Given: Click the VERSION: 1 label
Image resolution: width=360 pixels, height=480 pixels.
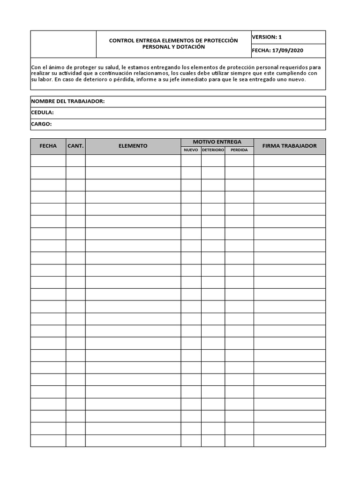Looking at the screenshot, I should (x=267, y=37).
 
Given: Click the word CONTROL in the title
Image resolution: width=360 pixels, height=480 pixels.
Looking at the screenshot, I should (x=121, y=41).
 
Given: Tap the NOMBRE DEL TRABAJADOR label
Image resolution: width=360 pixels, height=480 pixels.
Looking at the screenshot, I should (x=67, y=102).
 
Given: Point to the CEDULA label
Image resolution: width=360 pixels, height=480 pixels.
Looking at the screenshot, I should (x=42, y=113).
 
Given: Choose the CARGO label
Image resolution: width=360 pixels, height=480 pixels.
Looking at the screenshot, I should (x=41, y=124).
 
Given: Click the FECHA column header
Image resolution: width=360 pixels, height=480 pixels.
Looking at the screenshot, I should (x=48, y=146).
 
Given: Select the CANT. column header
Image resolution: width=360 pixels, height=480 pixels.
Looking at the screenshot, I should (x=75, y=146).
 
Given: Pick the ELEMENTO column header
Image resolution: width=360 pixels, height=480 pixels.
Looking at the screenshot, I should (x=133, y=146).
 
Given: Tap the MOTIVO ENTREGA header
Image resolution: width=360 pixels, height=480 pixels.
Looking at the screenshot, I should (x=217, y=142).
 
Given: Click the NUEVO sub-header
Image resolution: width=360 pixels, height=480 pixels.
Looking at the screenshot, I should (x=191, y=150).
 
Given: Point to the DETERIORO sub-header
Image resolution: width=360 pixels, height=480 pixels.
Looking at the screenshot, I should (x=213, y=150).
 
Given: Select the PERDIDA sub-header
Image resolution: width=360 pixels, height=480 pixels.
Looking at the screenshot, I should (x=239, y=150).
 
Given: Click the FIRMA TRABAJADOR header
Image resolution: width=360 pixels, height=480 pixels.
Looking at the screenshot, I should (x=289, y=146).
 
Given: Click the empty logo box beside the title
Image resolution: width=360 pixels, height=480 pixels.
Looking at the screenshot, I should (x=63, y=44).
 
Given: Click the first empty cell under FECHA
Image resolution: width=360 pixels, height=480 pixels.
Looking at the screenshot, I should (x=48, y=161).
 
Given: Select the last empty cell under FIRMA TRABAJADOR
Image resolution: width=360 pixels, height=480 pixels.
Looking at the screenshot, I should (x=289, y=441).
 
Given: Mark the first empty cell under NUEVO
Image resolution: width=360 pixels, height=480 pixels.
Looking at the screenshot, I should (x=191, y=161).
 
